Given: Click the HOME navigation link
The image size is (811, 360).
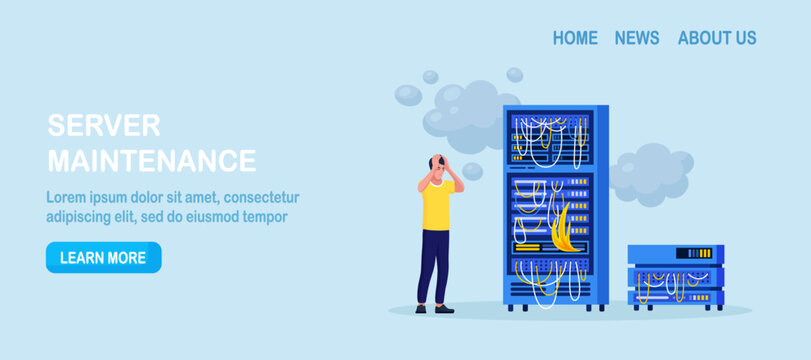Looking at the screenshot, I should click(575, 38).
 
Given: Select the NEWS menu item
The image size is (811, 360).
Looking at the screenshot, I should click(637, 38).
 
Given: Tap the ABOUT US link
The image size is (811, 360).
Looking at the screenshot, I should click(717, 38).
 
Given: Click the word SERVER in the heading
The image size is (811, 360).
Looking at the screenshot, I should click(104, 126).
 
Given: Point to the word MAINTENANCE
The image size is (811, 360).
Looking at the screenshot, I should click(152, 160).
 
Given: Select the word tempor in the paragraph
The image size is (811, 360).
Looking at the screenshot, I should click(264, 216).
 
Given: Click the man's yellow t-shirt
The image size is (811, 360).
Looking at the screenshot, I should click(437, 204).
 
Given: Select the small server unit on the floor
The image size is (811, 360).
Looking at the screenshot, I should click(675, 276).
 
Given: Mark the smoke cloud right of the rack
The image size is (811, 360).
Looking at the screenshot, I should click(650, 172).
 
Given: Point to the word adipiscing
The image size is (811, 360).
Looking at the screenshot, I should click(82, 216).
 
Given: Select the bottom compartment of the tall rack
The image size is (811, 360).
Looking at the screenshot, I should click(548, 276).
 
